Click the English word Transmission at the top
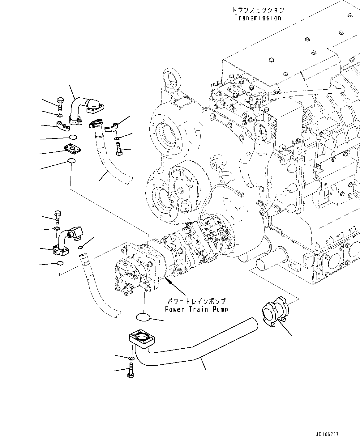click(258, 18)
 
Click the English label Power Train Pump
click(196, 309)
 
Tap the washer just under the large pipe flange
click(131, 358)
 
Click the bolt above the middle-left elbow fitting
click(58, 217)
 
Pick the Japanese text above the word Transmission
click(258, 10)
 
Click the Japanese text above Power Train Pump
click(196, 301)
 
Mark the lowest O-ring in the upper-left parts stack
click(71, 161)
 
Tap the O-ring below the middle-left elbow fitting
click(60, 263)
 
